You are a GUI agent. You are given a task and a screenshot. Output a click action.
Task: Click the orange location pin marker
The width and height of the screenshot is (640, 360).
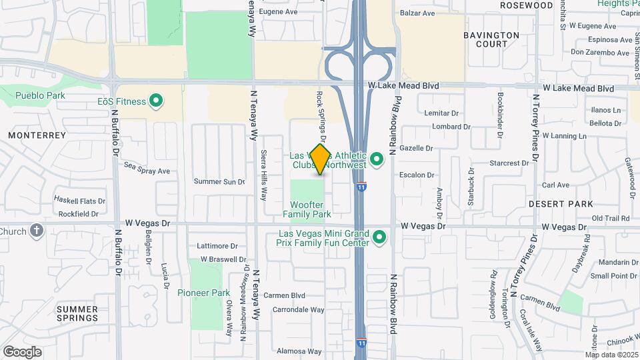point(320,159)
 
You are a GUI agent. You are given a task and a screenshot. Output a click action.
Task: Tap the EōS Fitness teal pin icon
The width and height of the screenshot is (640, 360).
point(156,101)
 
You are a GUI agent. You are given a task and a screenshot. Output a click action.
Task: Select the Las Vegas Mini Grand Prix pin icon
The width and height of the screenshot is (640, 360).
point(379,237)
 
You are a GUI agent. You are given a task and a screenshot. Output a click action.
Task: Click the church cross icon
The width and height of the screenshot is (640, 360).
point(37,231)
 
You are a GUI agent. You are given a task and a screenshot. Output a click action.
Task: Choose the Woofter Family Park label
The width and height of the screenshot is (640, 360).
point(307,209)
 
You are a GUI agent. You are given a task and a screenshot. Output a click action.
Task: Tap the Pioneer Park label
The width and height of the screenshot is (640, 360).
point(203,293)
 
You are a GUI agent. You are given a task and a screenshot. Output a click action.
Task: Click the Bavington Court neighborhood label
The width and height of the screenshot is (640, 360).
point(491,39)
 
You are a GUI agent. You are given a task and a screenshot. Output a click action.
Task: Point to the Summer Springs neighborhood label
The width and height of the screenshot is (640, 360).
point(77,313)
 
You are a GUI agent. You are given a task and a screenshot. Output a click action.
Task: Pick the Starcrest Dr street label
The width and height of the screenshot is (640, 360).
point(509,163)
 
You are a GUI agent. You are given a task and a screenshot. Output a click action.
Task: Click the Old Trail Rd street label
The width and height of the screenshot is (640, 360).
point(611,218)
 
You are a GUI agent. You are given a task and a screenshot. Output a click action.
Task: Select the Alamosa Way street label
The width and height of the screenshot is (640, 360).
point(300,351)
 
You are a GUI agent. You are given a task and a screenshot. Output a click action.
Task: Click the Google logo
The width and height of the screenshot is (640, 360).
point(22,351)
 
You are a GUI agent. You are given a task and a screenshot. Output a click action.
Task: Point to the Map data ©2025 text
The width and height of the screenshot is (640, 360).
point(611,355)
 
